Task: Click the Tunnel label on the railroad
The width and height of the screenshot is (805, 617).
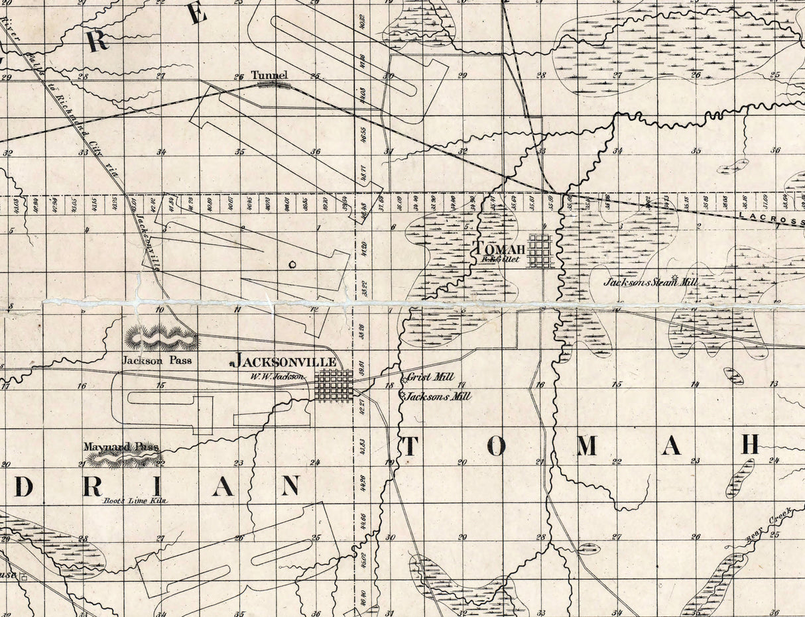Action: (x=269, y=75)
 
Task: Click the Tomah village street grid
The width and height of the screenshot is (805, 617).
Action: (x=540, y=251)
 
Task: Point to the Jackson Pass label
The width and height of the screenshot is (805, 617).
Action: (x=156, y=361)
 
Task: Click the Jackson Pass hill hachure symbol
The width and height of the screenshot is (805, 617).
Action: (x=161, y=339)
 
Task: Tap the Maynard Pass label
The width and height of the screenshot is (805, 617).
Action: (x=121, y=447)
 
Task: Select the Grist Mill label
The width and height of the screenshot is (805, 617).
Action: (x=430, y=377)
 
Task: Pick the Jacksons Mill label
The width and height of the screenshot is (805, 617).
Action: (x=438, y=396)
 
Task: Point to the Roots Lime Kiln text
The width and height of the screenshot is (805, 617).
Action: (x=135, y=501)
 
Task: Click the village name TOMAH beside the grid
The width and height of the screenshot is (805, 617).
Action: (x=499, y=249)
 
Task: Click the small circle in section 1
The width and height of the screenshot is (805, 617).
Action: (x=292, y=264)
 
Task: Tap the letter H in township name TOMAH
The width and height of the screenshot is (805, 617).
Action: (x=749, y=446)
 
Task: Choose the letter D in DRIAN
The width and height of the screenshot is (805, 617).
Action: (x=24, y=487)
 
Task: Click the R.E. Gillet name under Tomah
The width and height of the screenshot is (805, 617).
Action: (x=501, y=260)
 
